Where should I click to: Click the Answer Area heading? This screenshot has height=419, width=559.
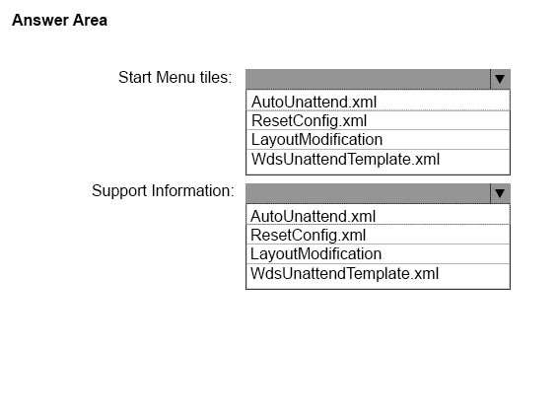[x=59, y=20]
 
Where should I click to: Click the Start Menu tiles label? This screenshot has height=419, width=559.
[x=175, y=77]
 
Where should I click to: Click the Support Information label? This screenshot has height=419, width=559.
[x=163, y=191]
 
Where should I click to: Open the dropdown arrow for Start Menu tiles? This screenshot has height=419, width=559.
[x=500, y=79]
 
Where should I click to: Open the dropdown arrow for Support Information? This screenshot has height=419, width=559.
[x=500, y=193]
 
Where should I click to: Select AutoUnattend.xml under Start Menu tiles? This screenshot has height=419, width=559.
[x=314, y=102]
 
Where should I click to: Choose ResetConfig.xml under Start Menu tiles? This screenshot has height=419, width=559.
[x=309, y=121]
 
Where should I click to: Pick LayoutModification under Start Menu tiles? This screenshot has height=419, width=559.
[x=316, y=139]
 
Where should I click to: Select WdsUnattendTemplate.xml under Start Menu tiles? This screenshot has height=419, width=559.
[x=345, y=159]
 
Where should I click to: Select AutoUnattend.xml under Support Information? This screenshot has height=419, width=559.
[x=313, y=216]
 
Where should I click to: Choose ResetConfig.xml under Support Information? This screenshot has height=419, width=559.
[x=308, y=236]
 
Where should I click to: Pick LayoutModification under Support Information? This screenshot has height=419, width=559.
[x=315, y=254]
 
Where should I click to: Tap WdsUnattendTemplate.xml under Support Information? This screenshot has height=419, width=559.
[x=344, y=273]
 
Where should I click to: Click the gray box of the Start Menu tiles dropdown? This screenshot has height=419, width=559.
[x=369, y=79]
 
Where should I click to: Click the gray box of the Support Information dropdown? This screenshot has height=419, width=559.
[x=369, y=193]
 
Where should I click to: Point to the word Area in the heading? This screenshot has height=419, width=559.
[x=90, y=20]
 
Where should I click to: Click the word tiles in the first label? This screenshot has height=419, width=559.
[x=216, y=77]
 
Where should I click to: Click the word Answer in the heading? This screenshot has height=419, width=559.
[x=40, y=20]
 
